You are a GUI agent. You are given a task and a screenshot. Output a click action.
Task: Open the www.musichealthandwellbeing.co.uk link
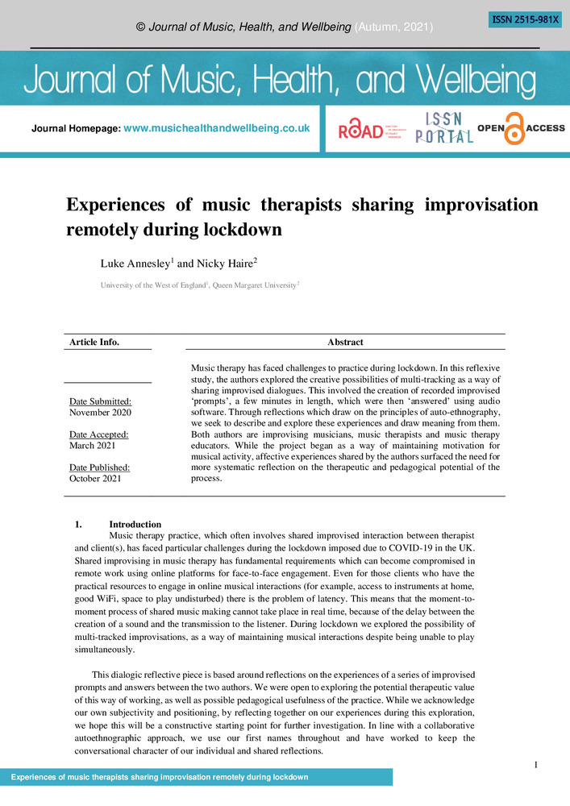pos(216,128)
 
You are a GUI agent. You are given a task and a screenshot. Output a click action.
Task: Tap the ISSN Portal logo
pos(443,128)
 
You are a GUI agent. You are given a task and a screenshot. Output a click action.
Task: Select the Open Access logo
pos(521,128)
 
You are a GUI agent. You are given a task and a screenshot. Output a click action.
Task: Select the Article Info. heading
pos(94,342)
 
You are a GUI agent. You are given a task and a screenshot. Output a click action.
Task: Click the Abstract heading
pos(345,342)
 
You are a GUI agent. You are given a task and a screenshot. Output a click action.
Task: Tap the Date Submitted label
pos(100,401)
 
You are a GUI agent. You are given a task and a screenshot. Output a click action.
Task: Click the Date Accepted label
pos(99,434)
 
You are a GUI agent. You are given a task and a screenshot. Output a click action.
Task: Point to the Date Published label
pos(99,467)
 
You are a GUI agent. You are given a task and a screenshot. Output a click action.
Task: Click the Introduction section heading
pos(135,525)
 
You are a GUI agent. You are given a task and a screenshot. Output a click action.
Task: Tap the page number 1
pos(536,764)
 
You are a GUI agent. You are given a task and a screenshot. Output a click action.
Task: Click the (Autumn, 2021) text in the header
pos(394,27)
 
